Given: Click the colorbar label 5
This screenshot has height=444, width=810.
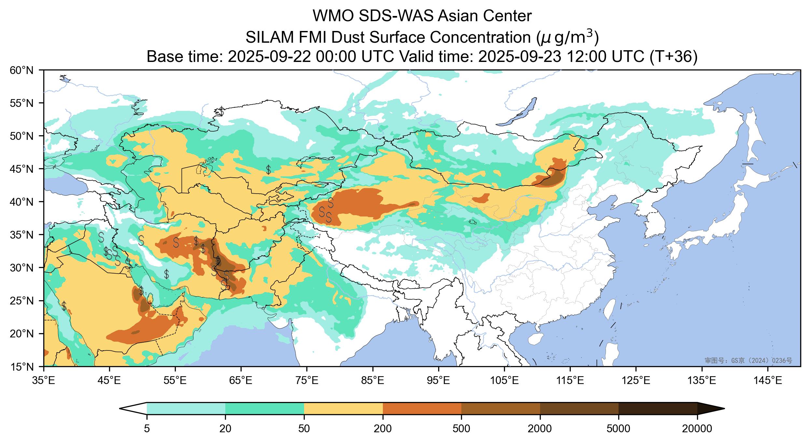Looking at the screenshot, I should click(147, 429).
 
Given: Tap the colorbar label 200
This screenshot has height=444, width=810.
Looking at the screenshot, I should click(383, 429).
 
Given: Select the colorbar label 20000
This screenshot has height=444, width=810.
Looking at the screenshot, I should click(697, 429).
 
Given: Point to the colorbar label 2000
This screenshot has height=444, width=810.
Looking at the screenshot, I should click(540, 429).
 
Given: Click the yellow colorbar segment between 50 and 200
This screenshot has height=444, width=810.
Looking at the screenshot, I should click(343, 408).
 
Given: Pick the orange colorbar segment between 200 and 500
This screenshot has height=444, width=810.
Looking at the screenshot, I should click(422, 408).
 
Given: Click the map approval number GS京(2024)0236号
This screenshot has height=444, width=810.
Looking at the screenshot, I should click(748, 361).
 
